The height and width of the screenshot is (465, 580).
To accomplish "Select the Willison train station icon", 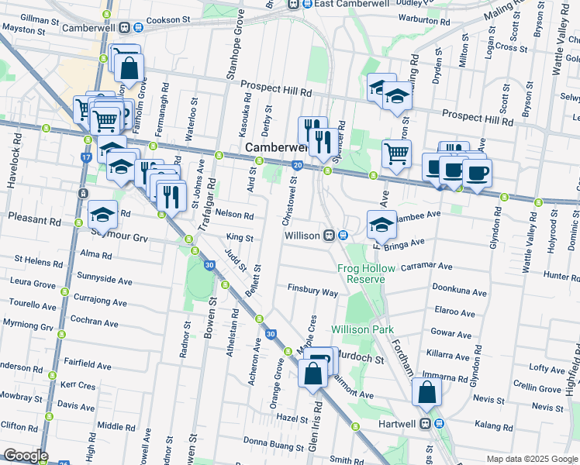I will click(330, 235).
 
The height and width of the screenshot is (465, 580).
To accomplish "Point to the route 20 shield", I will click(298, 165).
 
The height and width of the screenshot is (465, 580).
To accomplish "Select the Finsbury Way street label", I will click(312, 292).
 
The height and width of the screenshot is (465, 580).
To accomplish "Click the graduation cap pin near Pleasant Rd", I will click(102, 215).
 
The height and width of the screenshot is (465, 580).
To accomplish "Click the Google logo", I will click(26, 456).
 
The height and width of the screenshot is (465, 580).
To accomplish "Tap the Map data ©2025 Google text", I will click(531, 459).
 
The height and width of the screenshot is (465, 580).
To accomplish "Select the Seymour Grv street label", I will click(119, 236).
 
